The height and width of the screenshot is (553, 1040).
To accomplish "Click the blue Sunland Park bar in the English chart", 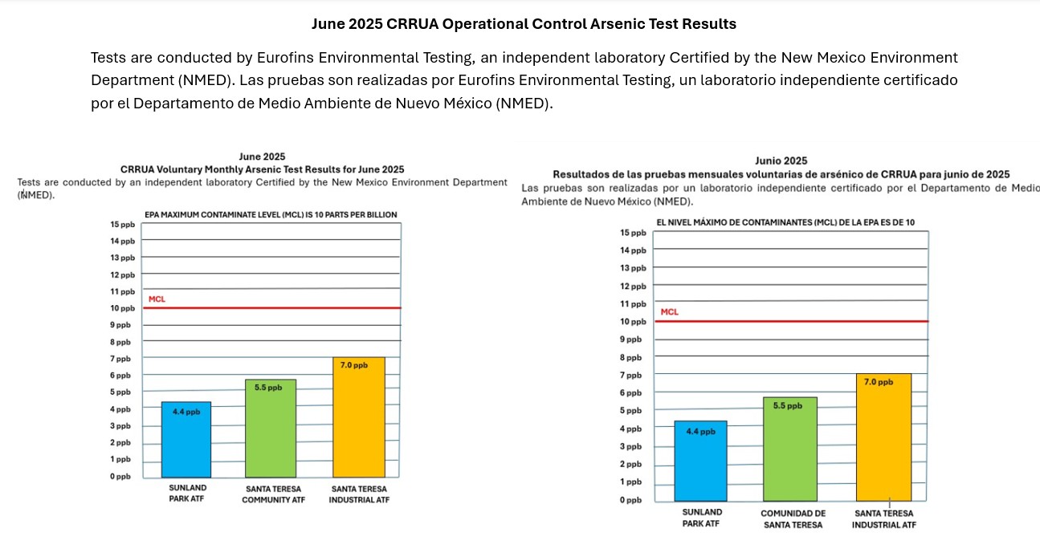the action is click(x=186, y=439).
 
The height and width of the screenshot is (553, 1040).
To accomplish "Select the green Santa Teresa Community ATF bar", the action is click(x=271, y=429).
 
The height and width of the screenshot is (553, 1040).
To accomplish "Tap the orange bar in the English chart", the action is click(x=359, y=417).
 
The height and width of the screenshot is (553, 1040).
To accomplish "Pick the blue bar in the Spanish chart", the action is click(x=700, y=461).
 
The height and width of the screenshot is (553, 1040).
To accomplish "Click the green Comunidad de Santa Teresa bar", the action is click(x=790, y=449).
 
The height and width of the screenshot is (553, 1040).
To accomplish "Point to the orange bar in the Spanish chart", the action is click(x=884, y=437).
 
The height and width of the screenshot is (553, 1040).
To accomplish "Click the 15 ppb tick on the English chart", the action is click(x=123, y=225).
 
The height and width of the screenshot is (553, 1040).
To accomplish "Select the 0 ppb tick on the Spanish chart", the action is click(x=630, y=500).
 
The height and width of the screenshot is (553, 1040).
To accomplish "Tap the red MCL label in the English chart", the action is click(x=157, y=299).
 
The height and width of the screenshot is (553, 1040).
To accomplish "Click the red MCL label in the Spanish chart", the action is click(x=670, y=312).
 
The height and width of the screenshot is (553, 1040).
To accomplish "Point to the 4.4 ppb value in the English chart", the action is click(x=186, y=412).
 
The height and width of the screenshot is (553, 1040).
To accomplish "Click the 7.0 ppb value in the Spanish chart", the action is click(x=879, y=382).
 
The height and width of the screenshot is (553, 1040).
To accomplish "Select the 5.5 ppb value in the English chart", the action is click(x=268, y=388).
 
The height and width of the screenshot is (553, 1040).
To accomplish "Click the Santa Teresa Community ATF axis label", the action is click(x=274, y=494).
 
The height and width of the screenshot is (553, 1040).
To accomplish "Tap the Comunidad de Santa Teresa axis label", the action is click(x=793, y=519).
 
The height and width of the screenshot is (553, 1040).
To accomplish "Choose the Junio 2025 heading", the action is click(x=781, y=161).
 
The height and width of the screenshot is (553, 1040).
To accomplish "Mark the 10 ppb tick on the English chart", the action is click(x=123, y=308).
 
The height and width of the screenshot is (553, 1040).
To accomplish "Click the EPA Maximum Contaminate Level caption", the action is click(x=271, y=215).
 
